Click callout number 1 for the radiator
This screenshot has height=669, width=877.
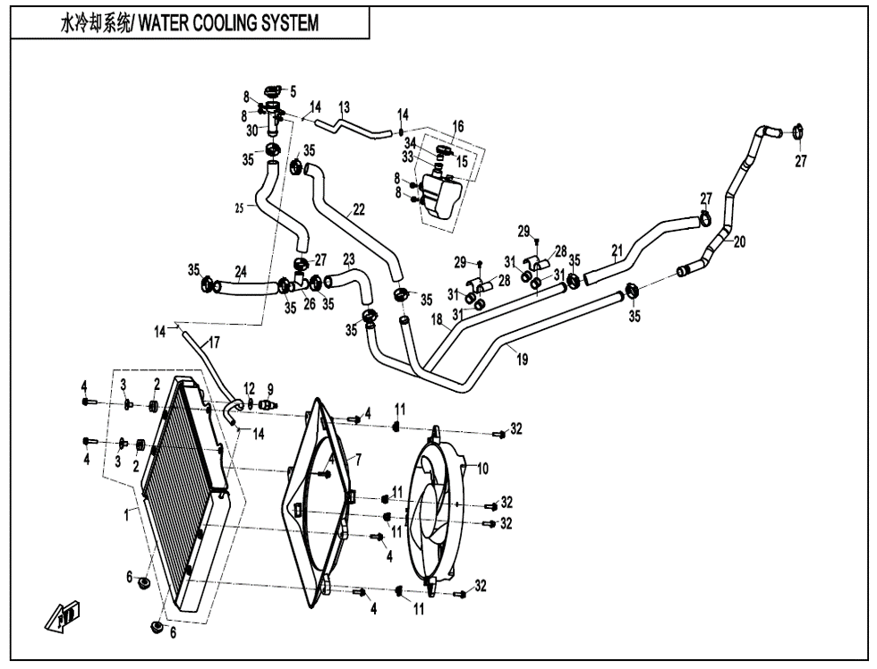point(127,513)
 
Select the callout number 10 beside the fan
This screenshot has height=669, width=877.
point(482,468)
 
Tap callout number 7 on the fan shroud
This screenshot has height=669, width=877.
point(358,459)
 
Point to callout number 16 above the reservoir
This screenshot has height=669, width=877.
point(458,127)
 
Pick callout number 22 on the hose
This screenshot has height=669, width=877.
point(359,210)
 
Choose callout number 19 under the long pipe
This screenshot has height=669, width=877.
point(522,360)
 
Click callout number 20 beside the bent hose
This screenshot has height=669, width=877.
point(739,241)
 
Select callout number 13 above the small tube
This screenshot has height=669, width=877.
point(344,107)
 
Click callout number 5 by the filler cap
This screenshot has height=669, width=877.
point(293,90)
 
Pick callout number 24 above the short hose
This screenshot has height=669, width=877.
point(241,271)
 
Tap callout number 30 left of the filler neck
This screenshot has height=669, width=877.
point(252,130)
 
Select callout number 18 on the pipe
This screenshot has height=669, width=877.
point(437,319)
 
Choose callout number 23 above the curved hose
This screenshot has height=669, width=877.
point(348,259)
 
